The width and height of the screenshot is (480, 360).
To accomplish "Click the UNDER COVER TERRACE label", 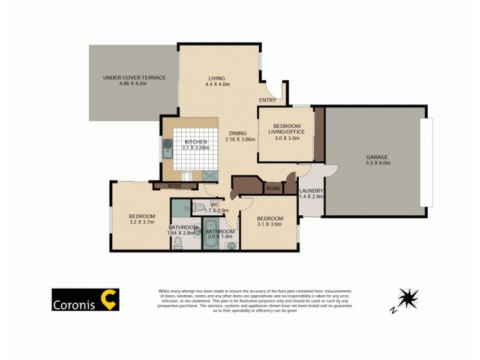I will point(134,77).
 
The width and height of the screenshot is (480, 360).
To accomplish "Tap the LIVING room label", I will point(216,79).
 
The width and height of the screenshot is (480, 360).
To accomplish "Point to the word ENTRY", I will point(268,100).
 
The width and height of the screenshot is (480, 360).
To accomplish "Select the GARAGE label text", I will point(377,158).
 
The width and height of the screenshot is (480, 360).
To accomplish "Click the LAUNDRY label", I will point(311,191).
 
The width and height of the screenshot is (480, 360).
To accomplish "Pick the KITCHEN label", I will point(196,142).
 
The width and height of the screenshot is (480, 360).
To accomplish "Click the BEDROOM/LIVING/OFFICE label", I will point(285,128).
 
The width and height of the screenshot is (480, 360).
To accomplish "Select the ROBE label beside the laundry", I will point(272,188).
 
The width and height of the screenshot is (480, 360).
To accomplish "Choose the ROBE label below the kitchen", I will point(174,186).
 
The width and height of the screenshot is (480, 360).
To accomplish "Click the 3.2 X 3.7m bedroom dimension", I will point(142,223).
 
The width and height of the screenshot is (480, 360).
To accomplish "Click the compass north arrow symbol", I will point(408,298).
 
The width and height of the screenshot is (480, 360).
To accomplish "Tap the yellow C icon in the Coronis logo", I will point(110,299).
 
